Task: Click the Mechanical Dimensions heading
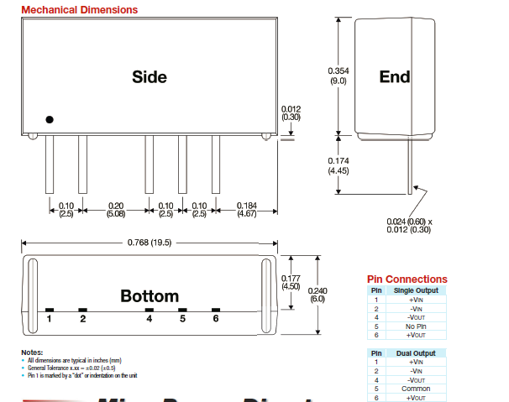point(80,10)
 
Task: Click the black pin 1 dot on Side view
point(50,120)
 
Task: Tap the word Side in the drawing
point(150,76)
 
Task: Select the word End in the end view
point(394,76)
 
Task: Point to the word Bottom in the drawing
point(150,295)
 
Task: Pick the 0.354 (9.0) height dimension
point(338,76)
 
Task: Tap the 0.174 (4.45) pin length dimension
point(338,166)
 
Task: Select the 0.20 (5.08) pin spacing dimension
point(115,210)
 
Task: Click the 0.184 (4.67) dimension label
point(247,210)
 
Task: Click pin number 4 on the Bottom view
point(150,318)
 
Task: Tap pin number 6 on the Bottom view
point(216,318)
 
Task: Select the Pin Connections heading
point(407,279)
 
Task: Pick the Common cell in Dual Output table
point(417,389)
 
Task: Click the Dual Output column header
point(417,353)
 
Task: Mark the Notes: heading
point(33,352)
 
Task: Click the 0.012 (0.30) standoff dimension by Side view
point(291,112)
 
